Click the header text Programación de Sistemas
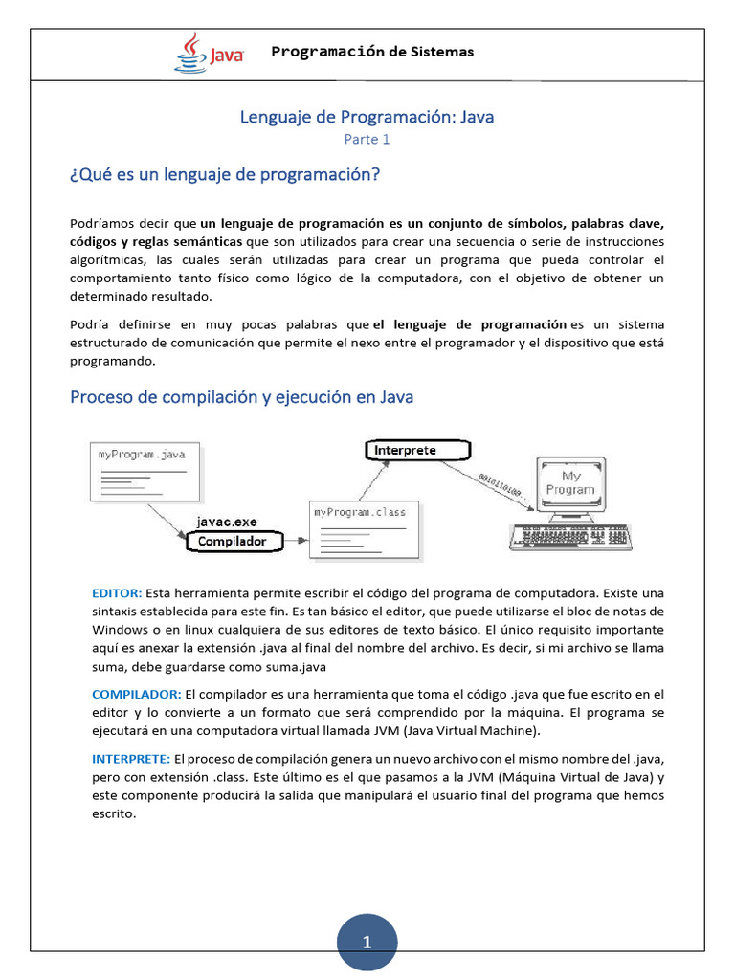pos(372,52)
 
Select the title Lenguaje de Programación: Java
pos(367,117)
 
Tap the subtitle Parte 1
pos(367,140)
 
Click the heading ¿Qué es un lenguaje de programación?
pos(225,175)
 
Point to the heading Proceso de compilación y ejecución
pos(241,396)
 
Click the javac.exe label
pos(227,522)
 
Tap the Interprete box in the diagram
pos(417,450)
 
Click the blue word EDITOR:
pos(117,593)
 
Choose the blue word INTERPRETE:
pos(131,758)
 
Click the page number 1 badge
pos(367,943)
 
